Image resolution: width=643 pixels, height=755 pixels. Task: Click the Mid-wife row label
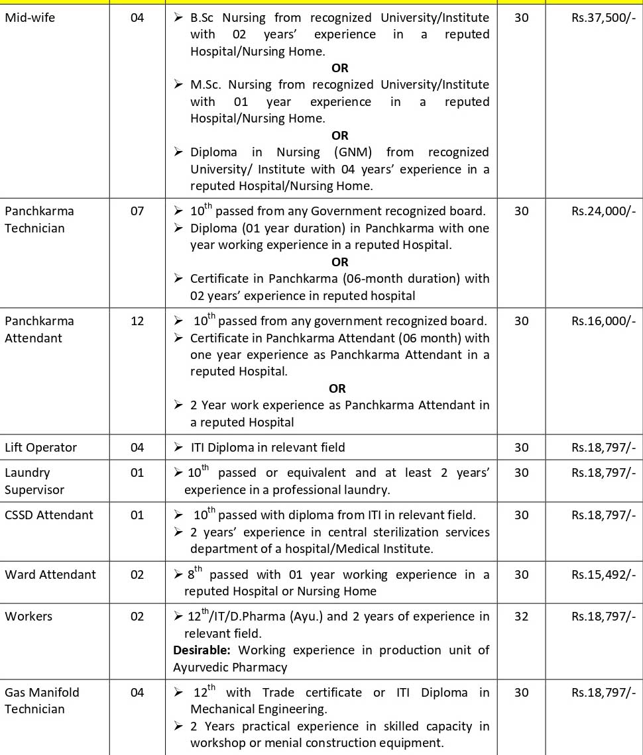(x=30, y=18)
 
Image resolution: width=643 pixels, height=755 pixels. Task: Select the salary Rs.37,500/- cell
(x=603, y=18)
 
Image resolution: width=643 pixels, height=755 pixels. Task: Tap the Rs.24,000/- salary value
(x=603, y=211)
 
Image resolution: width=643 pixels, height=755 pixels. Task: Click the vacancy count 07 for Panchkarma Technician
(x=137, y=211)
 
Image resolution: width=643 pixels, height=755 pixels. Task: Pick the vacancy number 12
(x=137, y=321)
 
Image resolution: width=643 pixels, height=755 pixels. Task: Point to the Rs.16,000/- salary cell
(x=603, y=321)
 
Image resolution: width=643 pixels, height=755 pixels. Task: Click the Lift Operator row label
(x=40, y=448)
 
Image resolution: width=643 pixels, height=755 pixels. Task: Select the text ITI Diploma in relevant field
(x=268, y=448)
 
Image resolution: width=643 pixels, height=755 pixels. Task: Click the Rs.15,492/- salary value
(x=603, y=575)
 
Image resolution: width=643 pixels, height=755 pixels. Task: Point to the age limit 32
(x=521, y=617)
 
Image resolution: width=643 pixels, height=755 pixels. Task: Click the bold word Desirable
(x=202, y=650)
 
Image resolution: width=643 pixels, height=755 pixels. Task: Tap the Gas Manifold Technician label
(x=42, y=701)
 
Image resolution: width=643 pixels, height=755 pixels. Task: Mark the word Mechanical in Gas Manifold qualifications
(x=223, y=709)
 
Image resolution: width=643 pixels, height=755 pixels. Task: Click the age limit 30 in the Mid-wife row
(x=521, y=18)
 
